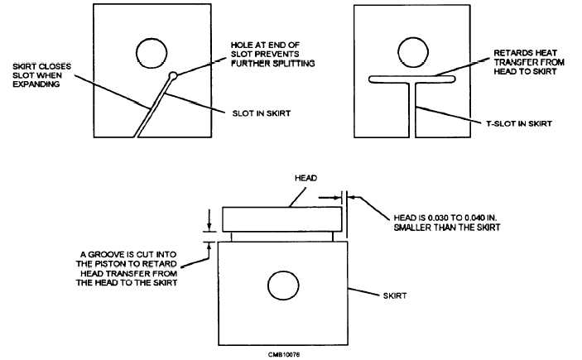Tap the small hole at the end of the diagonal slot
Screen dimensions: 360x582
172,77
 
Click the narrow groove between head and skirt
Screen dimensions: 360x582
281,237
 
